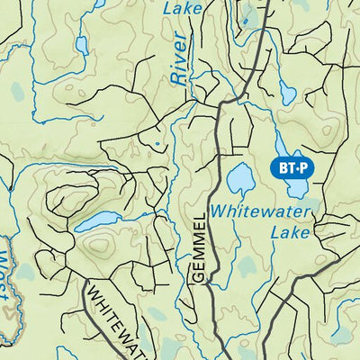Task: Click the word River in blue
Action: (x=178, y=60)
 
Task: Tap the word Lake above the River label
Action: (x=183, y=8)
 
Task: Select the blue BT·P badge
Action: (x=291, y=167)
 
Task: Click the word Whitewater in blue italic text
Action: (x=261, y=211)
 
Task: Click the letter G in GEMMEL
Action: (x=200, y=276)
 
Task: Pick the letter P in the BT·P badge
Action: (x=304, y=167)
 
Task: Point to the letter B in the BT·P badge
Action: (x=279, y=167)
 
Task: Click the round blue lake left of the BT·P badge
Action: (x=240, y=180)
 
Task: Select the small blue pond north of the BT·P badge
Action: (x=287, y=93)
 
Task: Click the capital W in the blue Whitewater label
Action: (x=220, y=211)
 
